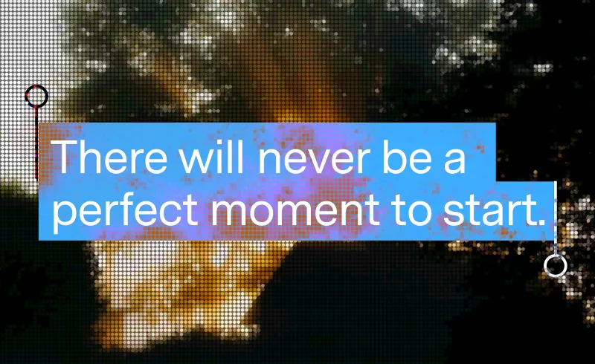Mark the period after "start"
(541, 221)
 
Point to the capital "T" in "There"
(65, 157)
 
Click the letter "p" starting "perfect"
(65, 216)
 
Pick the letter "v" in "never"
(310, 161)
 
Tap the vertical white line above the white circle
(556, 218)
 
